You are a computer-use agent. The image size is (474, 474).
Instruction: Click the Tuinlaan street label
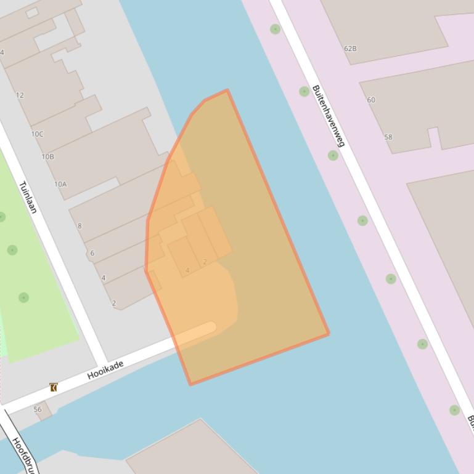point(28,197)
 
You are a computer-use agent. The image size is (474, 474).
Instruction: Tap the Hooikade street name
point(105,369)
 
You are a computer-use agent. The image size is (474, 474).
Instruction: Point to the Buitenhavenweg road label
point(328,116)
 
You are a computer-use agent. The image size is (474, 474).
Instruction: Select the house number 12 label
point(20,95)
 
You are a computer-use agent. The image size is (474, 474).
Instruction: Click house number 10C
point(37,134)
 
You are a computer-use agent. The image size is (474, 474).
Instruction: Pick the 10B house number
point(47,156)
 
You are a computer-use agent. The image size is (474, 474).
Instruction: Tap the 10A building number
point(60,184)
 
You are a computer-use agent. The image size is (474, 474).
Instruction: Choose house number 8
point(80,226)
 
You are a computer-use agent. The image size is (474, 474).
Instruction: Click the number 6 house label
point(92,253)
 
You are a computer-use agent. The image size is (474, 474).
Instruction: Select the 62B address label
point(350,48)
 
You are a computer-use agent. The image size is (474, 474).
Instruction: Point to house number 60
point(370,100)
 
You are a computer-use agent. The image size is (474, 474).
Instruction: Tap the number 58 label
point(388,137)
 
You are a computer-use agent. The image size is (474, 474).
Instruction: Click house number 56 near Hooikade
point(38,409)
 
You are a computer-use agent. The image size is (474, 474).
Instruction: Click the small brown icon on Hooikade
point(54,387)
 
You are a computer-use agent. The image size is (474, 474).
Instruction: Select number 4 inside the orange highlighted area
point(187,270)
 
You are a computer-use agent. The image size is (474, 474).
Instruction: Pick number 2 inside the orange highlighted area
point(205,262)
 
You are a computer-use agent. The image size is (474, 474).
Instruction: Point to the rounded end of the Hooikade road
point(210,327)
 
